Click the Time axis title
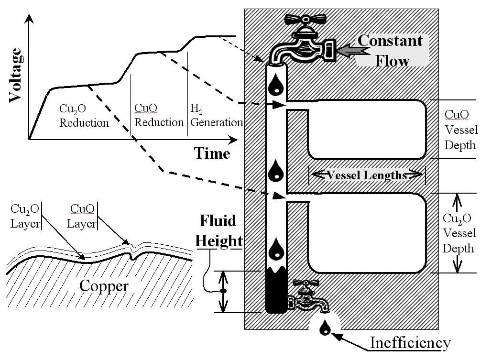(x=211, y=153)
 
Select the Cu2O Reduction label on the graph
(x=84, y=116)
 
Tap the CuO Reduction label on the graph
(x=159, y=115)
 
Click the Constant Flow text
(x=391, y=51)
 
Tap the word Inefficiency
(x=410, y=343)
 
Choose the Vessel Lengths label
(x=367, y=175)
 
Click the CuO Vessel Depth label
(x=459, y=130)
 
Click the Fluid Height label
(x=218, y=231)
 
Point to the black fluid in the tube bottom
(x=275, y=292)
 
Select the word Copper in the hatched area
(x=104, y=286)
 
